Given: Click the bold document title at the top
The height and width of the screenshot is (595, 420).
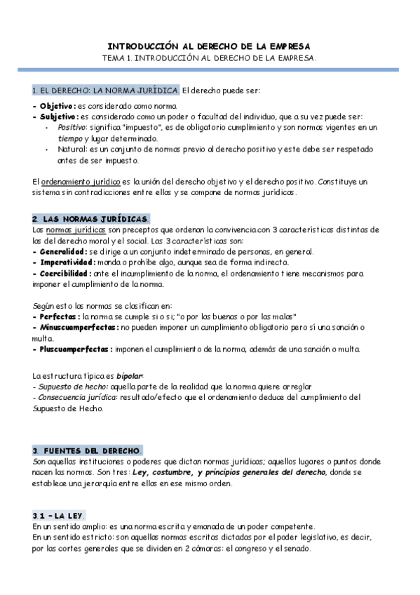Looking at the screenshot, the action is (x=210, y=44).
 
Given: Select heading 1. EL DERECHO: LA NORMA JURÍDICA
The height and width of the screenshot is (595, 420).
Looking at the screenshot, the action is (x=106, y=91).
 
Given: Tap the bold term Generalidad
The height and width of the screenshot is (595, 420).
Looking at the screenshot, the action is (x=61, y=252).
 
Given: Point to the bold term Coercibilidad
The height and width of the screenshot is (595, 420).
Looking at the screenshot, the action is (x=64, y=274).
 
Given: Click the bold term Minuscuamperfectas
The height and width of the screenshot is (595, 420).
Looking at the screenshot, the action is (x=76, y=328).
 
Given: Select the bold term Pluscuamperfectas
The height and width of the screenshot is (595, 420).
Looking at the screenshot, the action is (x=73, y=349).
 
